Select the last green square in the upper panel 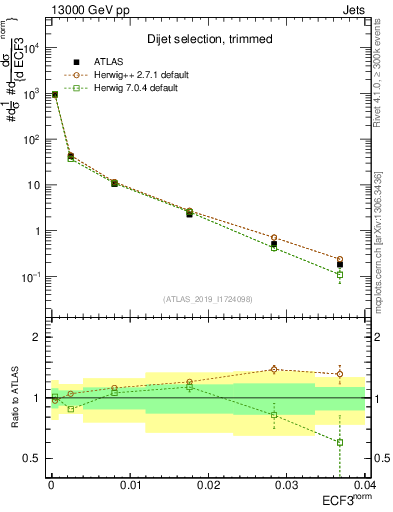tap(340, 274)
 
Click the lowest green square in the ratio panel tap(340, 442)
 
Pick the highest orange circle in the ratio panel tap(274, 369)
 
